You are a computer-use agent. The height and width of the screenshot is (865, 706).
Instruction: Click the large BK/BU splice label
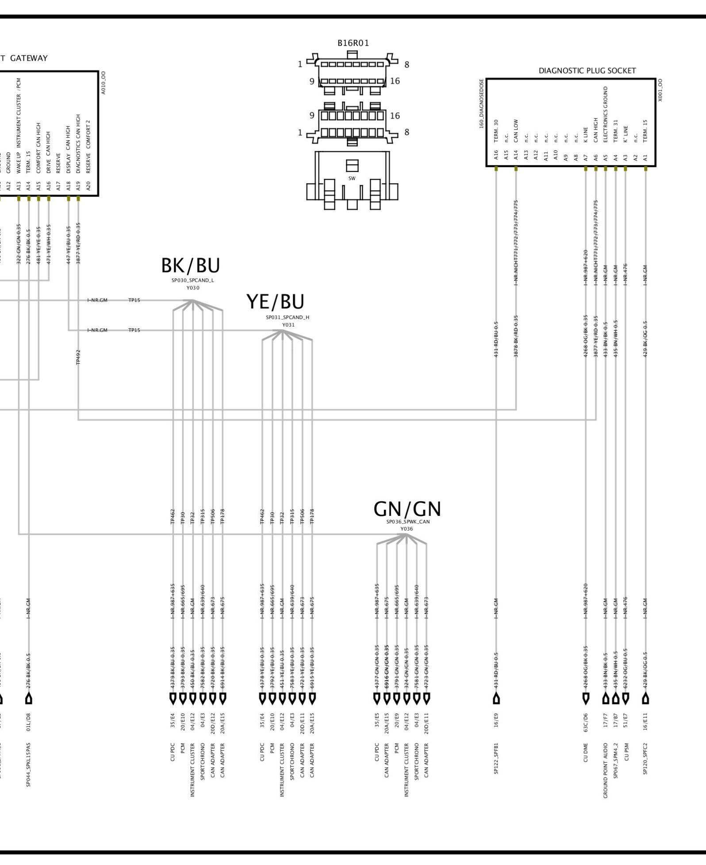(x=190, y=265)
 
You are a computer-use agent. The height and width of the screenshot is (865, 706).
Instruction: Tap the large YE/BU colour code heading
(x=275, y=302)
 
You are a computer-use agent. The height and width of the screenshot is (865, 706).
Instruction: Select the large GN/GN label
(x=407, y=509)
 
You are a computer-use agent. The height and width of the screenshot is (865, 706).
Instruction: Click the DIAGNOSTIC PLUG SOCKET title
(x=587, y=71)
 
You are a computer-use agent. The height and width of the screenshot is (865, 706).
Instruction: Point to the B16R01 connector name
(x=353, y=43)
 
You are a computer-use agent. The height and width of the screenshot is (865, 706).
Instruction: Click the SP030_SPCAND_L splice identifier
(x=193, y=281)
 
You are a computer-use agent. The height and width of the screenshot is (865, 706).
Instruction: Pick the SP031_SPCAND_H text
(x=288, y=317)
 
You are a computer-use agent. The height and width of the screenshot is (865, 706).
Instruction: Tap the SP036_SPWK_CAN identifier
(x=408, y=522)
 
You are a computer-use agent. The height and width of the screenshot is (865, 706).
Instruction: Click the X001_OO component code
(x=660, y=90)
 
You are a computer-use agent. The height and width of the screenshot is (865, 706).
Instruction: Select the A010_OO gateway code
(x=104, y=82)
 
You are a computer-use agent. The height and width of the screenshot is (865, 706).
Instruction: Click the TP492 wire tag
(x=78, y=357)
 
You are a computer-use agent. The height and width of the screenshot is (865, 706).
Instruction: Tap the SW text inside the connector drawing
(x=352, y=178)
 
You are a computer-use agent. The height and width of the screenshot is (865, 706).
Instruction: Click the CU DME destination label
(x=586, y=752)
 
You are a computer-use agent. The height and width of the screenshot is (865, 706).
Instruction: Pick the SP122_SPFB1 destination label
(x=496, y=758)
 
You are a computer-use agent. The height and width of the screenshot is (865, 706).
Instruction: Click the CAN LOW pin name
(x=516, y=131)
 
